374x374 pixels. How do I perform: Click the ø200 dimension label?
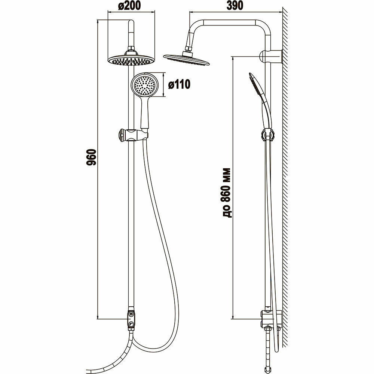[x=129, y=6]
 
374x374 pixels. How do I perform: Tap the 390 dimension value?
[x=234, y=6]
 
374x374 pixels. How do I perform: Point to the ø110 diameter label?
[x=179, y=85]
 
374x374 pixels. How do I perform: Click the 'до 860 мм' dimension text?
[x=227, y=193]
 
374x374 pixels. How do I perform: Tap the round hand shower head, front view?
[x=145, y=85]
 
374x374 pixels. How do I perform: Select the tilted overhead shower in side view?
[x=187, y=59]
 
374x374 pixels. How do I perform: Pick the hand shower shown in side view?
[x=260, y=100]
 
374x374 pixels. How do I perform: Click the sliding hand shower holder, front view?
[x=133, y=135]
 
